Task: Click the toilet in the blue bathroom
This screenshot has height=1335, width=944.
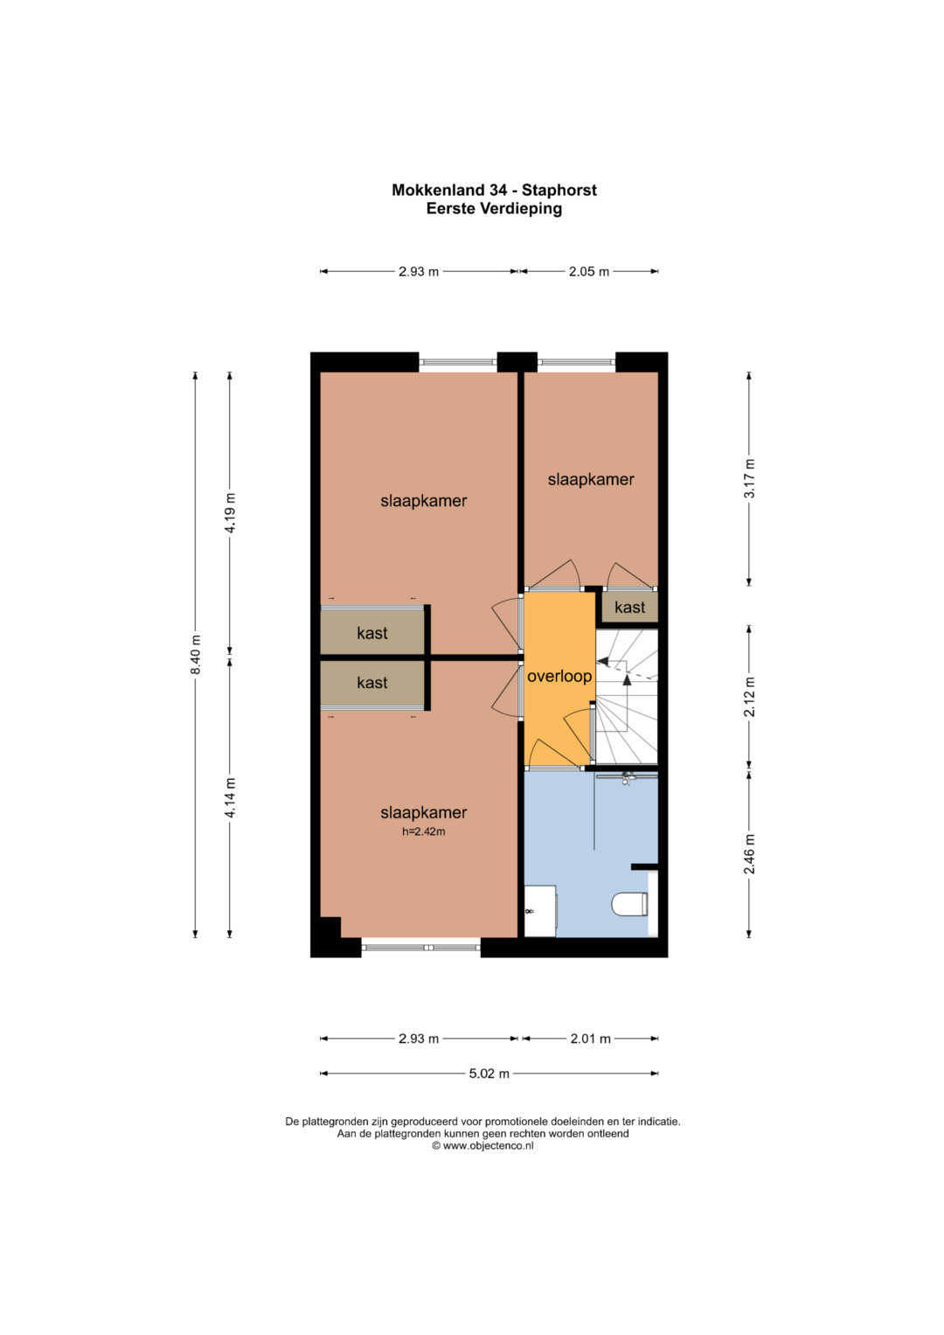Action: (629, 903)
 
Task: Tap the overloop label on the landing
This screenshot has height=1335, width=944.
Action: (559, 677)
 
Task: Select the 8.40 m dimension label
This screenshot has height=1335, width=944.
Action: (196, 655)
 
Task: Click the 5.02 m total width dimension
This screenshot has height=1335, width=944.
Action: (489, 1074)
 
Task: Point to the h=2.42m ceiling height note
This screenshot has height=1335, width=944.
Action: (423, 831)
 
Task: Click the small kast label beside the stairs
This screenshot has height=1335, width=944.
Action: (629, 608)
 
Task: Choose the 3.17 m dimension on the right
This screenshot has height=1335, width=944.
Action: (749, 478)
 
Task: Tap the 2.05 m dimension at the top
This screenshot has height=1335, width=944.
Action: (589, 272)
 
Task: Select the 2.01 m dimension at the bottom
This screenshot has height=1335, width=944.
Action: (590, 1039)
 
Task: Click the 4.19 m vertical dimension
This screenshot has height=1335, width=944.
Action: (230, 513)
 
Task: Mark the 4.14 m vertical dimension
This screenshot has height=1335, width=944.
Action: (230, 798)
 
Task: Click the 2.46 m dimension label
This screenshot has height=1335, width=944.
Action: (749, 854)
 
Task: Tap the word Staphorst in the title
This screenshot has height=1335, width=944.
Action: (559, 190)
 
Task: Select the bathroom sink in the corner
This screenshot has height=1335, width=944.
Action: (540, 911)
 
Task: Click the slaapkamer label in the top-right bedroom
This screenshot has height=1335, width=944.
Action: (591, 479)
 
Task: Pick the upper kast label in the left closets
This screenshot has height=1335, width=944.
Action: (371, 633)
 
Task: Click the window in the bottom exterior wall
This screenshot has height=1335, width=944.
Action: (420, 947)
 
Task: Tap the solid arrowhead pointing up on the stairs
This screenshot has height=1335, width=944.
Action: (627, 678)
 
